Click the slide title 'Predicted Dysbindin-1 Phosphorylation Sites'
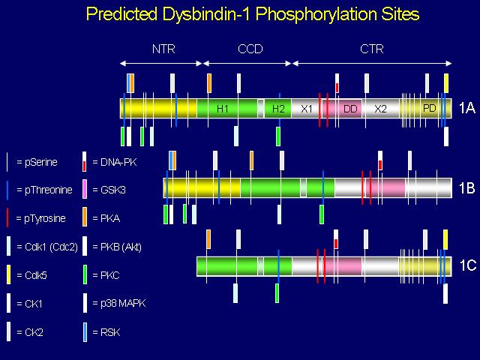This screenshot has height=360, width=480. click(x=253, y=14)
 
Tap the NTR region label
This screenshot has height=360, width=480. click(x=163, y=49)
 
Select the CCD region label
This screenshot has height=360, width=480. click(x=250, y=49)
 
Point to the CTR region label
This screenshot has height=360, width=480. click(x=372, y=49)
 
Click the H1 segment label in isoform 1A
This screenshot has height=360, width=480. click(x=222, y=109)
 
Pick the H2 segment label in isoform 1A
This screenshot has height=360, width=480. click(x=278, y=109)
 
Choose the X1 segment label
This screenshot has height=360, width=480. click(x=307, y=109)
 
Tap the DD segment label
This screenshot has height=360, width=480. click(x=350, y=109)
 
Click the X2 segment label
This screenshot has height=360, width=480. click(x=380, y=109)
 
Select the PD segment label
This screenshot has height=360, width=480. click(x=430, y=108)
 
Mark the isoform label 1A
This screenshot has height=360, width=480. click(x=466, y=108)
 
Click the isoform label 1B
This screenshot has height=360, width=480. click(x=466, y=187)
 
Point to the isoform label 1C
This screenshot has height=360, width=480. click(x=467, y=265)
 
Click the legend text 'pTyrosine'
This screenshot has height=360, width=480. click(x=45, y=218)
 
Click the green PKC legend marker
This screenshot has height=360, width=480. click(x=85, y=274)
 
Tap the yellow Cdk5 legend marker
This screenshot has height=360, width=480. click(x=8, y=274)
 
